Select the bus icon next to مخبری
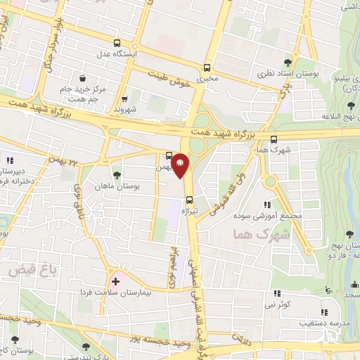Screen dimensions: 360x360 tap(207, 68)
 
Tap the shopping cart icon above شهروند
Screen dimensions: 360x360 tap(124, 99)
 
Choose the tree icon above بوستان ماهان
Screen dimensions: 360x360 tap(117, 174)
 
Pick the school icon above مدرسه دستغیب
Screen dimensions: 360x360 tap(324, 312)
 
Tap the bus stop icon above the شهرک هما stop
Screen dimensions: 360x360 tap(274, 139)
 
